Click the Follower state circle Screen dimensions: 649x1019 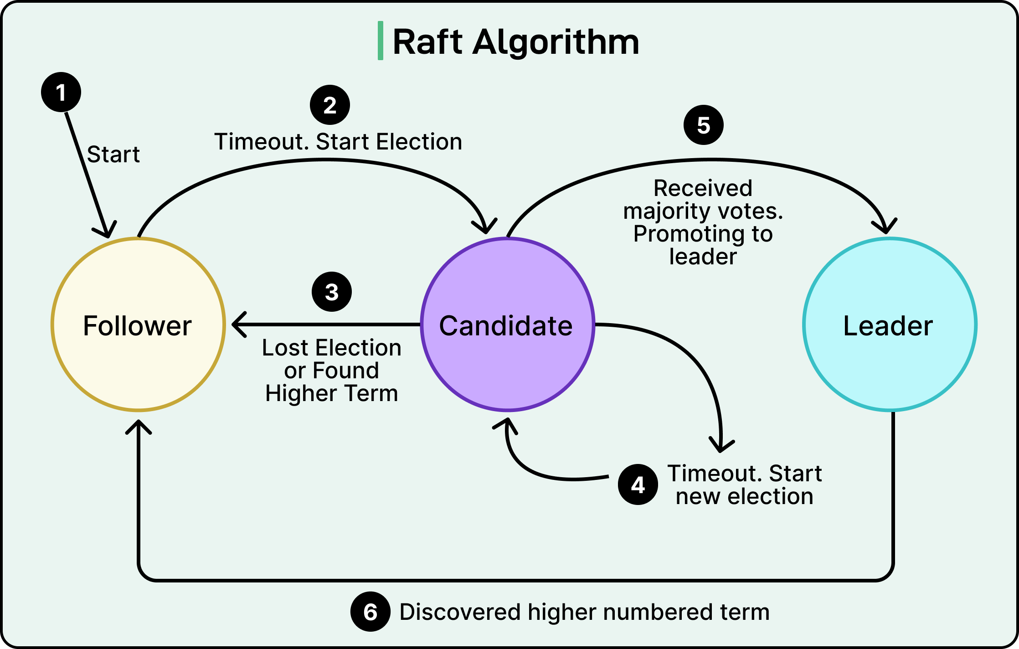138,324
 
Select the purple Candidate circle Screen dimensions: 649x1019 507,324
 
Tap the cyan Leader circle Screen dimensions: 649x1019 889,324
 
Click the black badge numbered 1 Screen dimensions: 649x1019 61,92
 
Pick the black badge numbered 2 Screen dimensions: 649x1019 330,105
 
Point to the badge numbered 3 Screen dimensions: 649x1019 332,292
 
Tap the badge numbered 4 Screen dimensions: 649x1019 638,485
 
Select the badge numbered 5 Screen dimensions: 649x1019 704,125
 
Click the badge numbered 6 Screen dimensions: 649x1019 371,612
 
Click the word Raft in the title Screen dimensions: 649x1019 427,42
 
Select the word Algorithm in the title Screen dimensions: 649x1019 556,42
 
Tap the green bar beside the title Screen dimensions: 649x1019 380,41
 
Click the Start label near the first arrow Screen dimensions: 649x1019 113,155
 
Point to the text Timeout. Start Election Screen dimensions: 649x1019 338,142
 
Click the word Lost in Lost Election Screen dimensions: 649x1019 285,348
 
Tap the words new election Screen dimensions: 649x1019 744,496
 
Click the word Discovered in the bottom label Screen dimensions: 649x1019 460,612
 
